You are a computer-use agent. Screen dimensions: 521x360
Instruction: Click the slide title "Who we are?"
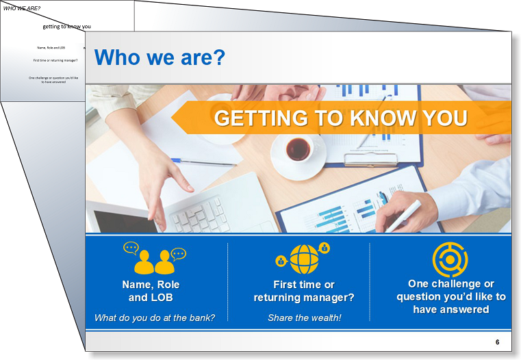click(160, 57)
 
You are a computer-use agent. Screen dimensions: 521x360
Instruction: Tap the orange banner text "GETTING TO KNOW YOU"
click(341, 118)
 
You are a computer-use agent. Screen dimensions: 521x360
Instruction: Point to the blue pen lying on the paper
click(204, 162)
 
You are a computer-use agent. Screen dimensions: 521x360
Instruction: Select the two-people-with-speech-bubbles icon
click(155, 258)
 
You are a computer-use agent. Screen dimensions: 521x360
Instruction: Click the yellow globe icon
click(304, 259)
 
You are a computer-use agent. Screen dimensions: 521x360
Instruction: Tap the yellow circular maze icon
click(450, 259)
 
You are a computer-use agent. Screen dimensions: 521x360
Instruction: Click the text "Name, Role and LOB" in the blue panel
click(151, 291)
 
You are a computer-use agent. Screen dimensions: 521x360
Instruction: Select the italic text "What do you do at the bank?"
click(155, 318)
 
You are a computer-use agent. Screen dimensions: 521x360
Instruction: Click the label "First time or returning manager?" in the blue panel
click(304, 291)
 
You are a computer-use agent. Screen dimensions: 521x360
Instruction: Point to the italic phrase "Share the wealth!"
click(305, 318)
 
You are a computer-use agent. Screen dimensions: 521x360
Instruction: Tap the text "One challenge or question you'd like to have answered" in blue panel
click(451, 296)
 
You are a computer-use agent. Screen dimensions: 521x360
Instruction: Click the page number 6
click(498, 342)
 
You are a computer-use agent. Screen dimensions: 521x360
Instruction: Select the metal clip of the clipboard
click(371, 159)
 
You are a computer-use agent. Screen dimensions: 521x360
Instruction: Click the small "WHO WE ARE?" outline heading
click(22, 8)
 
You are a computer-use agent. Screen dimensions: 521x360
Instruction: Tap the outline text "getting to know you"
click(67, 27)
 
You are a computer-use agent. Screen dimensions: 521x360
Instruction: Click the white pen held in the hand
click(403, 216)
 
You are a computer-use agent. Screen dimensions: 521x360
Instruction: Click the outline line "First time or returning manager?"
click(55, 60)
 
